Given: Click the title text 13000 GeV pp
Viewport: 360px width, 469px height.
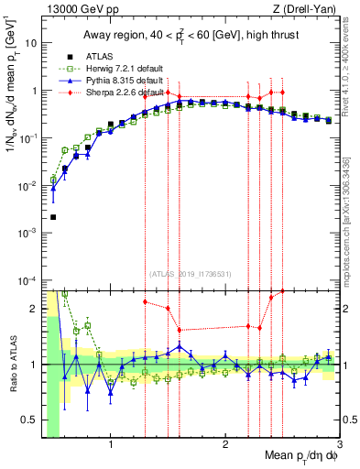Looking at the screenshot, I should tap(77, 9).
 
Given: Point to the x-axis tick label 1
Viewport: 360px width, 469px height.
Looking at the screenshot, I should tap(111, 443).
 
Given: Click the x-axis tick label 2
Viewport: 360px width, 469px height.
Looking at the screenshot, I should tap(225, 443).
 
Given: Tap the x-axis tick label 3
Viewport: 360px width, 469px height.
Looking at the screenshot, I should tap(339, 443).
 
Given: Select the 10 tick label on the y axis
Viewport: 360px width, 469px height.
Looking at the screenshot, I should tap(30, 43).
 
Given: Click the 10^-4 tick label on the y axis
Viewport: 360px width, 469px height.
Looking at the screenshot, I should tap(28, 279).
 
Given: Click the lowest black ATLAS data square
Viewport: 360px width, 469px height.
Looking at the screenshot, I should tap(53, 217).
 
